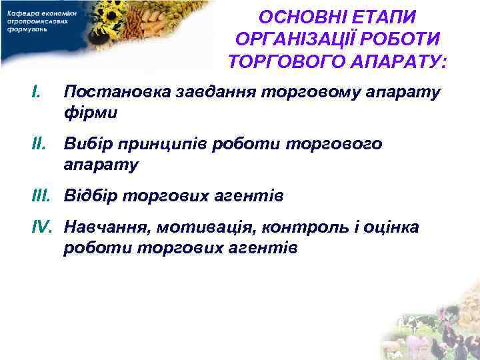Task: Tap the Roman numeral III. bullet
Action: click(43, 196)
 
